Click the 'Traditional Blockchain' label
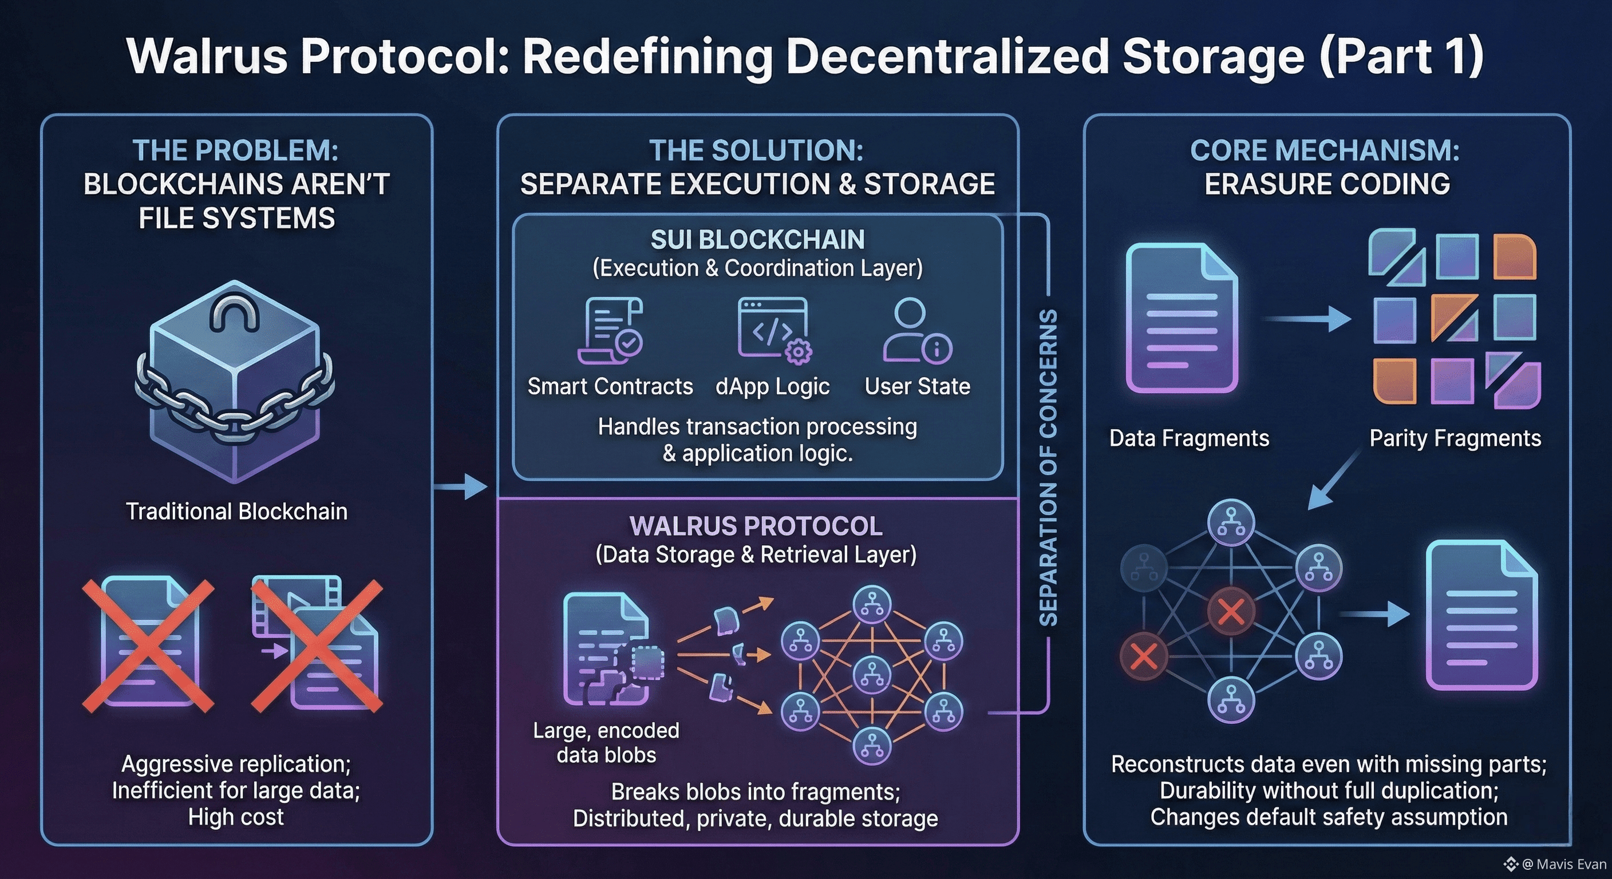(236, 512)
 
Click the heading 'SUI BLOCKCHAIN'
(757, 240)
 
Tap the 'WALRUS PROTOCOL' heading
(756, 526)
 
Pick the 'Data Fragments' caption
(1189, 438)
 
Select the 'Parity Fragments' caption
(1455, 438)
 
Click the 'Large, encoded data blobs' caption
(606, 743)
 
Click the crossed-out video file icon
(317, 645)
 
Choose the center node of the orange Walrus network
(872, 676)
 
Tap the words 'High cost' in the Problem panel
(236, 817)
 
